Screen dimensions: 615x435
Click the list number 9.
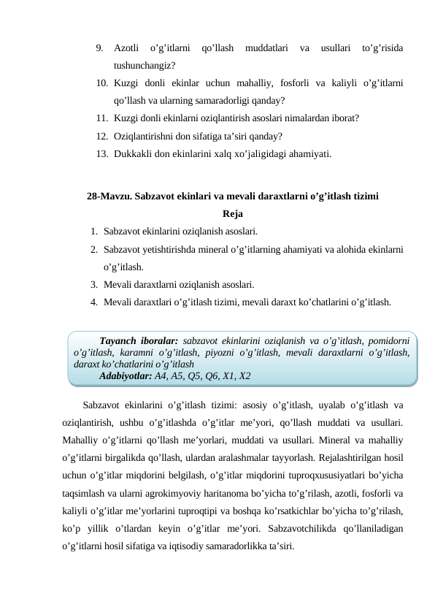click(99, 49)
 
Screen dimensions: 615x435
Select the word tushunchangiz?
click(143, 66)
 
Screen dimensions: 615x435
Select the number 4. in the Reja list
click(94, 301)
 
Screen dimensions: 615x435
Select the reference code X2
click(245, 376)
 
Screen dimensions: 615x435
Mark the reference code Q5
click(199, 376)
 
